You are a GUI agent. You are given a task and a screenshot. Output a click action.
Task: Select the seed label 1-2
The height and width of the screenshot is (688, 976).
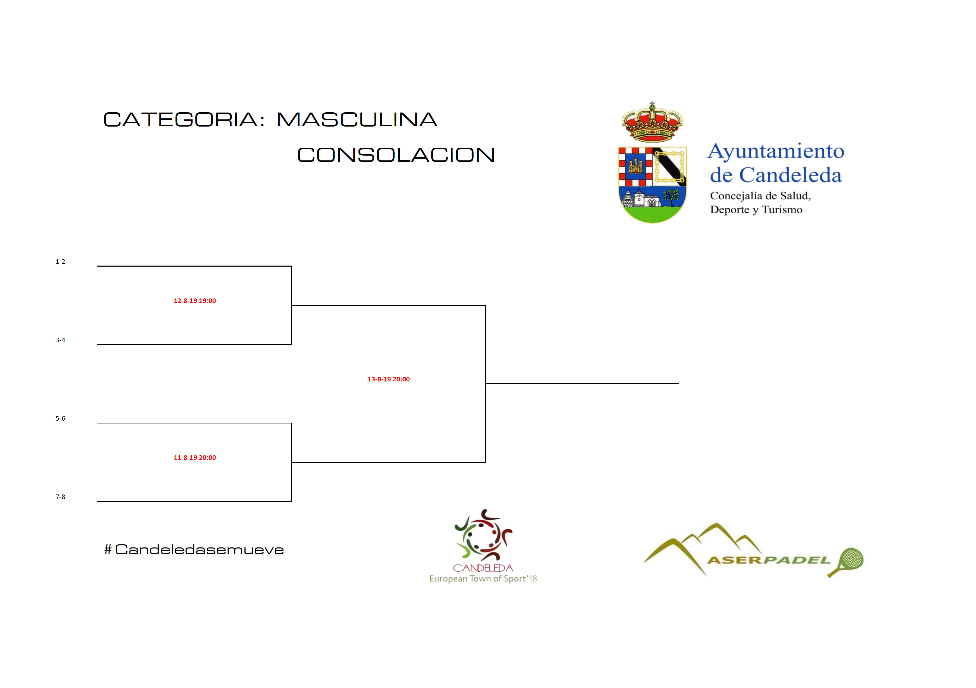tap(60, 262)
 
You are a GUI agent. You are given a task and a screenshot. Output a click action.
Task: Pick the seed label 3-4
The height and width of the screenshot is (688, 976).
tap(60, 340)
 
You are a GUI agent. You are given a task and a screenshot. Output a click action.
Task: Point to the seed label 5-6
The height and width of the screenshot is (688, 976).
tap(60, 419)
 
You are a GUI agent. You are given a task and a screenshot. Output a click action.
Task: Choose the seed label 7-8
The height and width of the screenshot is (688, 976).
tap(60, 497)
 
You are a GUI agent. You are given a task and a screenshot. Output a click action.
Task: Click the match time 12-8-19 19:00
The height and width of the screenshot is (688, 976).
tap(195, 301)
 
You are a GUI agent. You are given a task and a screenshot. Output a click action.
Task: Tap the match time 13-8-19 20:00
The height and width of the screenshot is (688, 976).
tap(389, 379)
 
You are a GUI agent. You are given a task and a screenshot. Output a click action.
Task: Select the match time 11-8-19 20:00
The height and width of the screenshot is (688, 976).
tap(195, 458)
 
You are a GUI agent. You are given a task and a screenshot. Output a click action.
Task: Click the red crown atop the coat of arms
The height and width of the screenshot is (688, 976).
tap(652, 122)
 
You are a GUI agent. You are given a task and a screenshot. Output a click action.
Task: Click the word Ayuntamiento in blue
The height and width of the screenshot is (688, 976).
tap(776, 151)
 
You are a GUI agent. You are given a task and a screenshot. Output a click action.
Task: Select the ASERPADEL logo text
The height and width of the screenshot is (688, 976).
tap(769, 560)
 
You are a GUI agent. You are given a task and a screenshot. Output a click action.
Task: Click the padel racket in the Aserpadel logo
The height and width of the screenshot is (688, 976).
tap(846, 562)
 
